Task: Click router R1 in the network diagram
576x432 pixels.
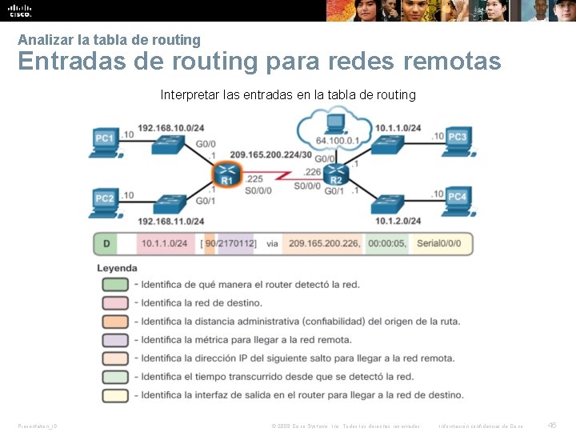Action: click(x=226, y=174)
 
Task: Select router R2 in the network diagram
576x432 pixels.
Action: click(x=337, y=174)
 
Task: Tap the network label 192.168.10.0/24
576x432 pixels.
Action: click(x=170, y=128)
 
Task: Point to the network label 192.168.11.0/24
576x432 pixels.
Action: click(x=170, y=220)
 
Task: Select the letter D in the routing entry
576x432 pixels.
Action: click(x=106, y=243)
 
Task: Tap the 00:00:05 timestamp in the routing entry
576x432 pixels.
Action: click(x=387, y=243)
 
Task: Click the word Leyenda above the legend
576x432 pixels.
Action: click(x=117, y=268)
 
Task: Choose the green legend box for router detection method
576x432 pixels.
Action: click(x=115, y=285)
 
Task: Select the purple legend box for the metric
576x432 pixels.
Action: click(x=115, y=340)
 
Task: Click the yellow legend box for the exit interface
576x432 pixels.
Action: click(x=115, y=395)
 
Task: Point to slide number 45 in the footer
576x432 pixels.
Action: click(x=552, y=426)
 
